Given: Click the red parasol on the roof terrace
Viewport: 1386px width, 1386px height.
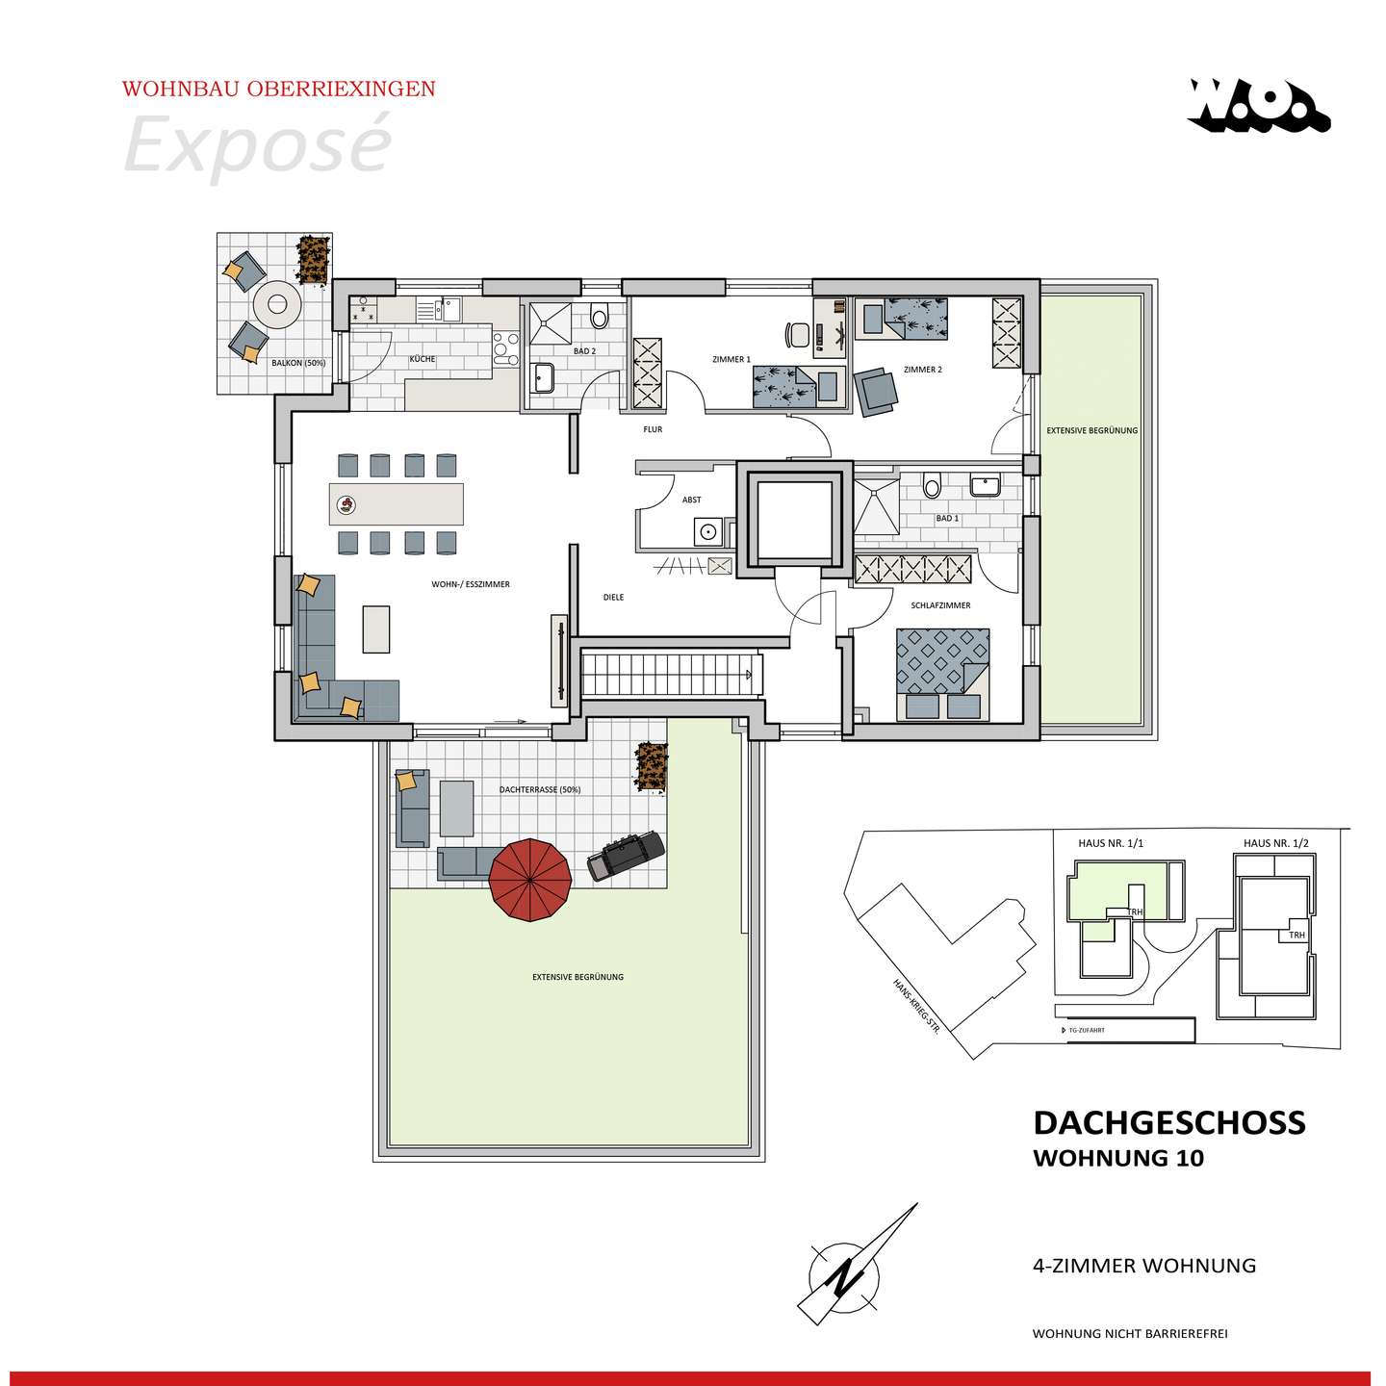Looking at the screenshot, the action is click(x=530, y=880).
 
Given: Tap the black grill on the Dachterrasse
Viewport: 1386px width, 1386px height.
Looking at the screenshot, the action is click(x=625, y=856).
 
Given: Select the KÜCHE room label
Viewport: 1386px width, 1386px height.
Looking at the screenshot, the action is click(x=423, y=359).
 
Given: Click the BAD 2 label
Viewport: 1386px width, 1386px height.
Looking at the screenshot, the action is click(x=585, y=351).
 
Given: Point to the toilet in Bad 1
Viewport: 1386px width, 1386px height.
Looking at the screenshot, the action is click(x=932, y=485).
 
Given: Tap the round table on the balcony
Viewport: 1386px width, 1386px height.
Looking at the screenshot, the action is click(x=277, y=304).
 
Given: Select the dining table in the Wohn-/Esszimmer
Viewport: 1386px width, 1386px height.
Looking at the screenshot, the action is click(x=397, y=503).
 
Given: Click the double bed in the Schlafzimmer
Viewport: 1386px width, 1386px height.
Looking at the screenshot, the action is click(x=942, y=675).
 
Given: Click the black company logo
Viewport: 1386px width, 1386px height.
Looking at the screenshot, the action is click(x=1259, y=106).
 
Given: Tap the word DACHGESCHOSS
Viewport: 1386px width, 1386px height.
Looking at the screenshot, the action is click(x=1169, y=1122).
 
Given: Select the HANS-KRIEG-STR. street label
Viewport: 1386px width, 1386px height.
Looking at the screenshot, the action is click(x=916, y=1007).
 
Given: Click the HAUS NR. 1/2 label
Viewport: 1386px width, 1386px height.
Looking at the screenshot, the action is click(x=1276, y=843).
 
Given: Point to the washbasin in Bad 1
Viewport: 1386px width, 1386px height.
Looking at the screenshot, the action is click(x=985, y=485).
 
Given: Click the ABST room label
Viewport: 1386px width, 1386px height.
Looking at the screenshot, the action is click(x=691, y=500).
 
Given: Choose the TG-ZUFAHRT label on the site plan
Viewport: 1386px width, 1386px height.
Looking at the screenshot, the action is click(x=1086, y=1031).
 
